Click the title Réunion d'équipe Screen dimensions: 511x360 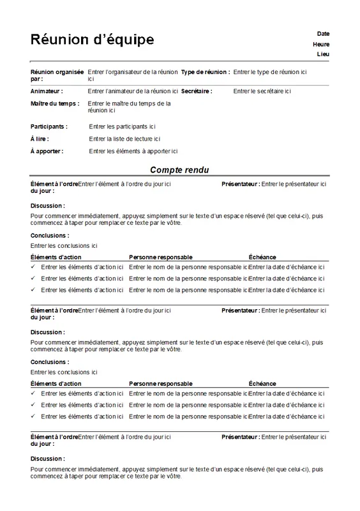click(x=93, y=40)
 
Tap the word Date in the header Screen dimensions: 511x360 click(x=323, y=33)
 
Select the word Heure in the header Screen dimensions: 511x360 click(x=321, y=44)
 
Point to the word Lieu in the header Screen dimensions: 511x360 click(x=323, y=55)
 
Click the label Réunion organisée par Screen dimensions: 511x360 click(x=57, y=75)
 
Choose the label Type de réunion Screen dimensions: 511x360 click(x=205, y=72)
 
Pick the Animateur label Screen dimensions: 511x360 click(x=47, y=91)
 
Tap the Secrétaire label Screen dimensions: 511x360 click(x=197, y=91)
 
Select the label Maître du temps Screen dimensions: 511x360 click(x=55, y=103)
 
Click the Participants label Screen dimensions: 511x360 click(x=49, y=126)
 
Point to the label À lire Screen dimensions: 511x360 click(x=40, y=139)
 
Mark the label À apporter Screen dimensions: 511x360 click(x=47, y=151)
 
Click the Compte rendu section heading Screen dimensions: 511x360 click(x=179, y=170)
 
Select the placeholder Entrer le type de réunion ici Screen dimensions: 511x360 click(x=270, y=72)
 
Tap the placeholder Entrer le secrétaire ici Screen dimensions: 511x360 click(x=262, y=91)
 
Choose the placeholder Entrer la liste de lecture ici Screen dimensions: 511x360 click(x=124, y=139)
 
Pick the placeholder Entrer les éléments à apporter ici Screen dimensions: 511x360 click(x=133, y=151)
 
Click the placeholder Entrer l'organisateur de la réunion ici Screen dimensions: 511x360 click(x=133, y=72)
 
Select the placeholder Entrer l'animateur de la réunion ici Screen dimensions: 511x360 click(x=133, y=91)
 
